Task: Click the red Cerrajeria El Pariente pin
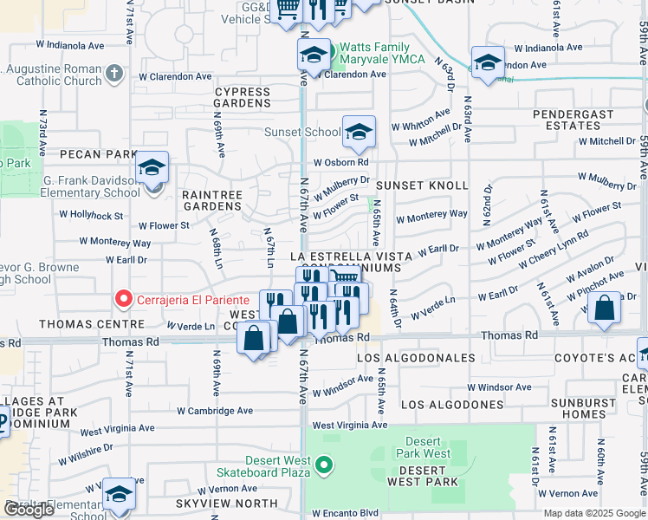(123, 301)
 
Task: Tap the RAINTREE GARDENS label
(211, 200)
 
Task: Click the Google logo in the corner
(29, 510)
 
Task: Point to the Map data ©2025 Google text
(594, 513)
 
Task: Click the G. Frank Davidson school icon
(152, 168)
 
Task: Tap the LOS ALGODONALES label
(416, 358)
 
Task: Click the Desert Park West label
(424, 447)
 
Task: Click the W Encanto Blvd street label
(347, 512)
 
